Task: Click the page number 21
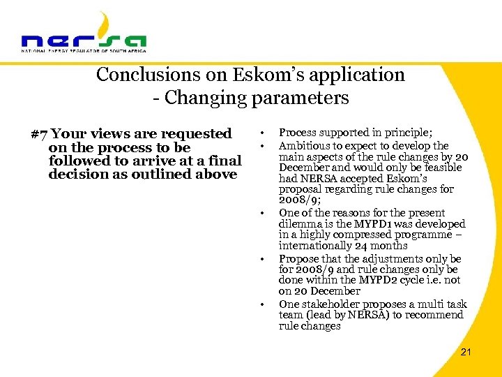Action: (466, 352)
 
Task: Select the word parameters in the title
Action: (304, 98)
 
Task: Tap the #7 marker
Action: (40, 133)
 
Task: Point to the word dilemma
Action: (301, 224)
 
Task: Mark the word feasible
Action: (442, 168)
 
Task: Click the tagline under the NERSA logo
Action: (84, 51)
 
